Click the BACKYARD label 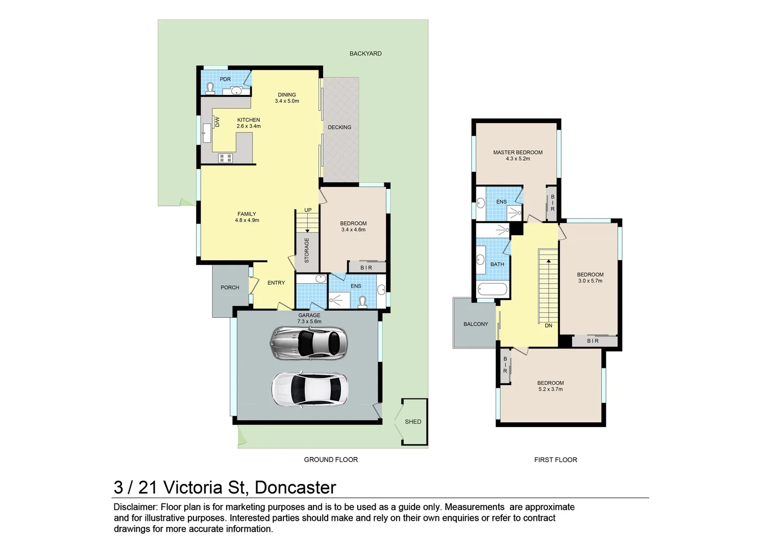[x=365, y=54]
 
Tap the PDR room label [x=225, y=79]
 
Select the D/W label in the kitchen [x=217, y=122]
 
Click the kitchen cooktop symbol [x=225, y=158]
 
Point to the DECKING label [x=339, y=127]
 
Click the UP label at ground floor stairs [x=308, y=210]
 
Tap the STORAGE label [x=307, y=250]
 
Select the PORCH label [x=230, y=287]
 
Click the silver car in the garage [x=308, y=343]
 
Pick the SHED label [x=413, y=421]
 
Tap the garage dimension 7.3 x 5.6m [x=309, y=321]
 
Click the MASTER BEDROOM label [x=518, y=152]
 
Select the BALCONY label [x=476, y=324]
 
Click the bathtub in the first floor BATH [x=493, y=290]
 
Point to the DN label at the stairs [x=548, y=325]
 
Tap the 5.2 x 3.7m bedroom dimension [x=550, y=389]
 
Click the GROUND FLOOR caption [x=331, y=460]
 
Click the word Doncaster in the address [x=295, y=487]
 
